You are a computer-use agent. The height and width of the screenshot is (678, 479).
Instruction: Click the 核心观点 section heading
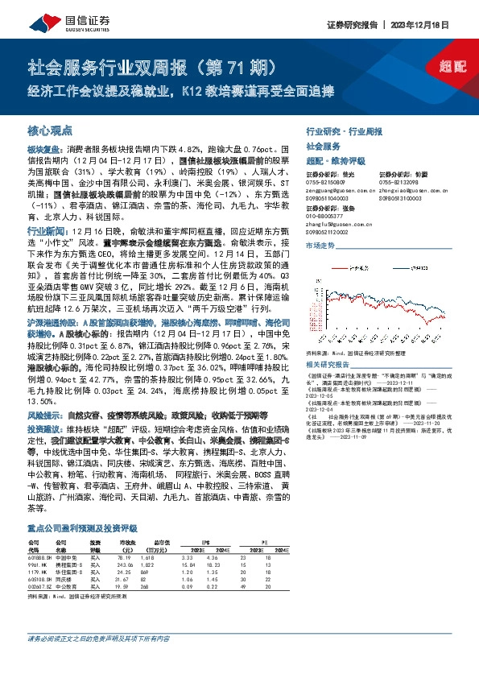coord(50,130)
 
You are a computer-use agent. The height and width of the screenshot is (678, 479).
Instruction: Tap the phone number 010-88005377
coord(324,216)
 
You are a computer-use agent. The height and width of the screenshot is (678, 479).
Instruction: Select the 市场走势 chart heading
coord(320,244)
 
